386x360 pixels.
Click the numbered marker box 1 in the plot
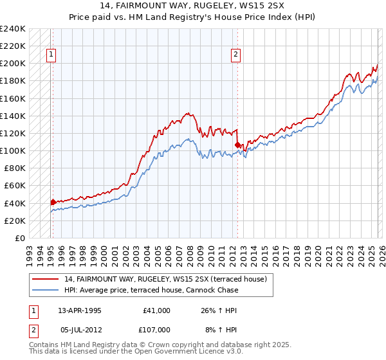coord(50,55)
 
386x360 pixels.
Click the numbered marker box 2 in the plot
coord(236,55)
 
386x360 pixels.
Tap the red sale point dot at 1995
coord(53,202)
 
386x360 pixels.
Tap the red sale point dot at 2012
coord(237,145)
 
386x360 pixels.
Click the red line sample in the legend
coord(46,279)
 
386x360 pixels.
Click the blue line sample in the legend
coord(46,290)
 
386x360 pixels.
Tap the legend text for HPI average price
coord(151,290)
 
